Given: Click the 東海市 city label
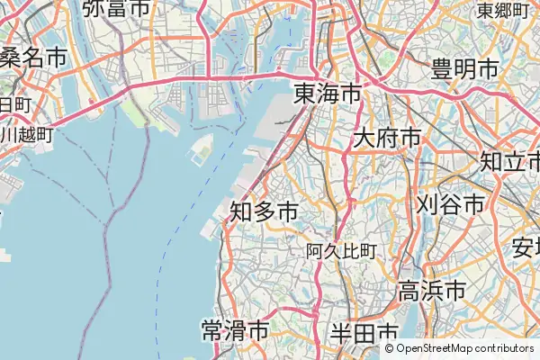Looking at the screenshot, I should click(x=328, y=94).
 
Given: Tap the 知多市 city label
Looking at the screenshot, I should click(x=265, y=211).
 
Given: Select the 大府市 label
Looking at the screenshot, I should click(x=387, y=139).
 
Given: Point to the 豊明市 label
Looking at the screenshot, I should click(x=465, y=68).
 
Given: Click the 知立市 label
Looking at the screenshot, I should click(x=509, y=161).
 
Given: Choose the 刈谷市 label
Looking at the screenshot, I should click(x=450, y=204).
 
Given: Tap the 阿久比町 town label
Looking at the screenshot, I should click(x=341, y=251).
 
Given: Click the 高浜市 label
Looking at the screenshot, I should click(x=432, y=291).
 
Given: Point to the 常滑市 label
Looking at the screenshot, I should click(x=235, y=330).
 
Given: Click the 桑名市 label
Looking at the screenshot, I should click(x=33, y=58).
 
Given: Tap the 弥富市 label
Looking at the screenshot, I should click(x=116, y=9).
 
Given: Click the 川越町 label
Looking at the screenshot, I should click(x=27, y=136).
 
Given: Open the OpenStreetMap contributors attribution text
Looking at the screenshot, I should click(x=464, y=348).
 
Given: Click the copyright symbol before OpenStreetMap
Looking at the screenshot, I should click(x=390, y=348).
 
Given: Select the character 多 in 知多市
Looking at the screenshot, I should click(x=265, y=211).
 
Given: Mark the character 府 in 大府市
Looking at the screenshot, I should click(x=387, y=139).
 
